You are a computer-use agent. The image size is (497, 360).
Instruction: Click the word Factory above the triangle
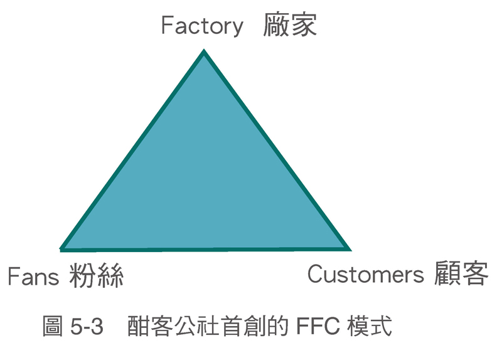pyautogui.click(x=202, y=26)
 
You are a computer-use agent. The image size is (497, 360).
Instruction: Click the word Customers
pyautogui.click(x=366, y=274)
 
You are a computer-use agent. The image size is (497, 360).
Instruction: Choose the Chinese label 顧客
pyautogui.click(x=461, y=274)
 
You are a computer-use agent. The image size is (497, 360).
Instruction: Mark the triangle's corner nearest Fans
pyautogui.click(x=63, y=248)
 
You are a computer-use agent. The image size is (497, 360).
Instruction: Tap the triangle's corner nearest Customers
pyautogui.click(x=348, y=248)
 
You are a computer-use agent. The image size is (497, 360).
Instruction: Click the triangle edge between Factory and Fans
pyautogui.click(x=133, y=151)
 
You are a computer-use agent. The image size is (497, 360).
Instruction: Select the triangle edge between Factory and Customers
pyautogui.click(x=276, y=151)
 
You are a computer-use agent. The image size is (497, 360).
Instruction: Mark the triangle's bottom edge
pyautogui.click(x=206, y=249)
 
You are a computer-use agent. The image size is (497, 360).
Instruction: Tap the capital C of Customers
pyautogui.click(x=315, y=274)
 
